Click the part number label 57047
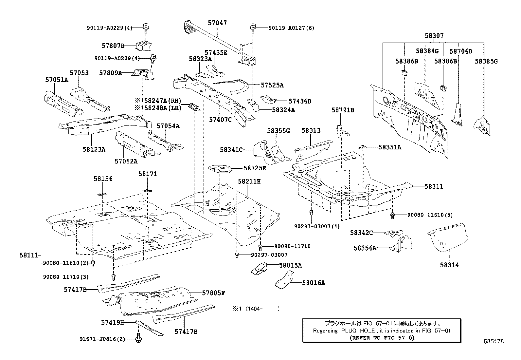point(217,23)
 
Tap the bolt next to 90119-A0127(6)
point(252,28)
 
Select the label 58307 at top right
point(434,36)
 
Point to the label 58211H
point(249,181)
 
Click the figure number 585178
point(494,341)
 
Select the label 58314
point(449,265)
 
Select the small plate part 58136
point(102,194)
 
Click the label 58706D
point(460,51)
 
